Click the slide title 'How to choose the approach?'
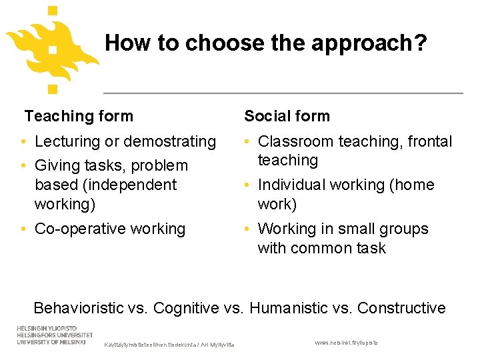click(x=265, y=43)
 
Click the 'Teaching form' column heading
click(x=79, y=116)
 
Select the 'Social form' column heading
click(x=287, y=116)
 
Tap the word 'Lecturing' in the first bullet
click(x=67, y=141)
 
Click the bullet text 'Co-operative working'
click(x=110, y=229)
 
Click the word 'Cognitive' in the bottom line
click(x=185, y=308)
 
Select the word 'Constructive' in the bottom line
click(x=401, y=308)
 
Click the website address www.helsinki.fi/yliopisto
click(x=346, y=342)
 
